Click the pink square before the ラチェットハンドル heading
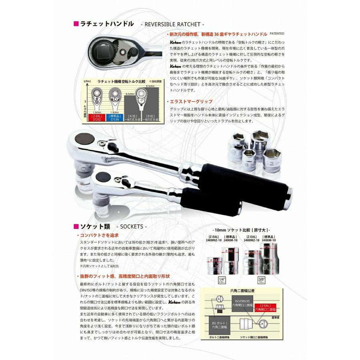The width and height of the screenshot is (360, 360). [x=76, y=24]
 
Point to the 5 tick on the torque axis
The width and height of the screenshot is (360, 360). [x=86, y=102]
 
